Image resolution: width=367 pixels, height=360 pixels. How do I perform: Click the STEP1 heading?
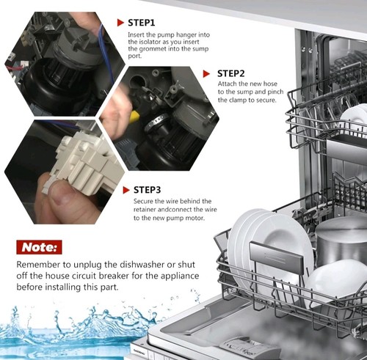[142, 23]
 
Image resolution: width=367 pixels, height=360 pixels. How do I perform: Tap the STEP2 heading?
[231, 73]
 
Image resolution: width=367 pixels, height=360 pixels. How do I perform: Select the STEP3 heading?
[148, 190]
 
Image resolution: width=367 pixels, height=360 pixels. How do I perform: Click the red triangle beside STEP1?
[120, 23]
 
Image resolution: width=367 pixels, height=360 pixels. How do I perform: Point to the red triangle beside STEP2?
[206, 74]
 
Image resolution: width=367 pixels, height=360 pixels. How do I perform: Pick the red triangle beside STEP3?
[126, 190]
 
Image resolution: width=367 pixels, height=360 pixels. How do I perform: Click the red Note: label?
[39, 247]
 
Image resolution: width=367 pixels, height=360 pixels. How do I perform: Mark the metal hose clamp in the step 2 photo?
[157, 122]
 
